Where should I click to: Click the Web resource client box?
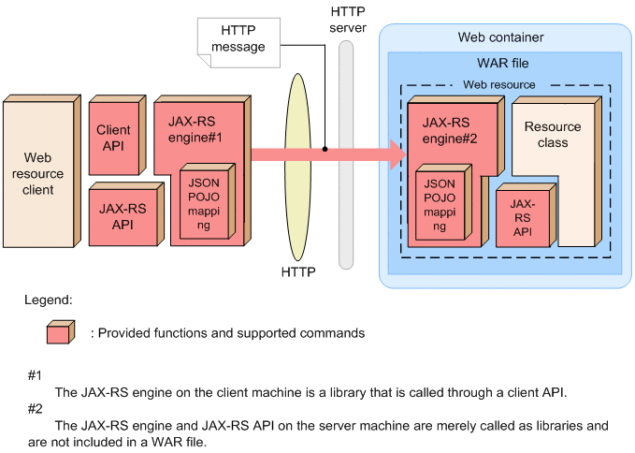[x=38, y=174]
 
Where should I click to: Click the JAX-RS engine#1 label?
[x=195, y=128]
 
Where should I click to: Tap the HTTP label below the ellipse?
[x=298, y=272]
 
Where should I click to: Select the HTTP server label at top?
[x=348, y=22]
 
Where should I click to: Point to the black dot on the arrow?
[x=324, y=149]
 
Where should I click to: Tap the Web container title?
[x=500, y=37]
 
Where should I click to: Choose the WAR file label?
[x=503, y=62]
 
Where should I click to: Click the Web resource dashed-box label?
[x=499, y=84]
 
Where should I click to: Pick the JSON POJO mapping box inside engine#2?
[x=440, y=203]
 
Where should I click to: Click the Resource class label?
[x=552, y=135]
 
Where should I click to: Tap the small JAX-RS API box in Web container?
[x=523, y=217]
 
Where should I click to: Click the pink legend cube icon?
[x=58, y=332]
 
